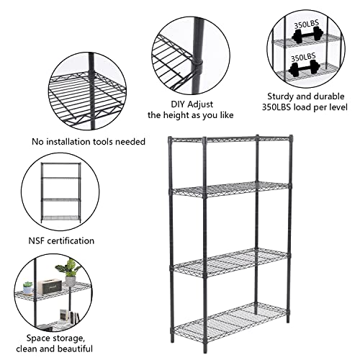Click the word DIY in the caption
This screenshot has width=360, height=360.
pyautogui.click(x=168, y=102)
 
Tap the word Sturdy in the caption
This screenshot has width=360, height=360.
pyautogui.click(x=282, y=96)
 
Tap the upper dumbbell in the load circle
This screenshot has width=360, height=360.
pyautogui.click(x=302, y=35)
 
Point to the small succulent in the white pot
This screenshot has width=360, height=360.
pyautogui.click(x=27, y=288)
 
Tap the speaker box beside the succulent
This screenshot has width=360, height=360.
pyautogui.click(x=49, y=285)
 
